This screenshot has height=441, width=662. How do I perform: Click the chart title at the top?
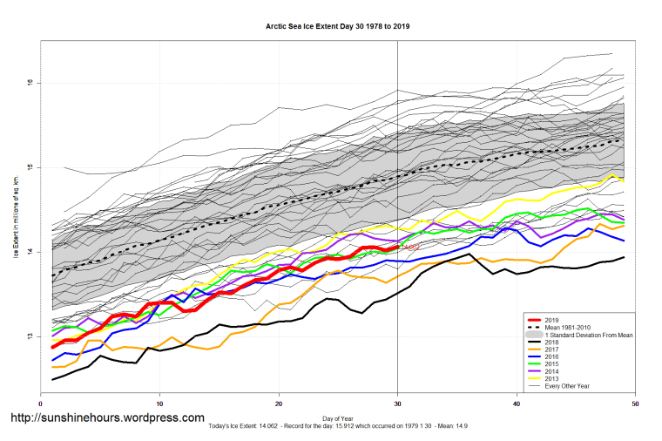tap(338, 27)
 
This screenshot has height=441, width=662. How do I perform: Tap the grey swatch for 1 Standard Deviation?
tap(533, 336)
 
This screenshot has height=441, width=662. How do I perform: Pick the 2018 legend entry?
tap(555, 343)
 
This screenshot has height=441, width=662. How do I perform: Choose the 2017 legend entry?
tap(555, 351)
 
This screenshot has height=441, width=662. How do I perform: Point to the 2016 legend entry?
tap(555, 359)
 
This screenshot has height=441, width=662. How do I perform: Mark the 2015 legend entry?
tap(555, 367)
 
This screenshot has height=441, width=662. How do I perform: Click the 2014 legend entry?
tap(555, 375)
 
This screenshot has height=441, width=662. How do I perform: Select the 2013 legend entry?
tap(555, 383)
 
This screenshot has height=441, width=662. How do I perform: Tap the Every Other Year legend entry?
tap(569, 390)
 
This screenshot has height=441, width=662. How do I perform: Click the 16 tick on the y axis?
tap(29, 83)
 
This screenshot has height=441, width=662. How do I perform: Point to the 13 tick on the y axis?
tap(29, 337)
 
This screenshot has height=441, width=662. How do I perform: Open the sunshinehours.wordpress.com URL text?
tap(107, 418)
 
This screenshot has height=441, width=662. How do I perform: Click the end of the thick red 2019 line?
tap(397, 248)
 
